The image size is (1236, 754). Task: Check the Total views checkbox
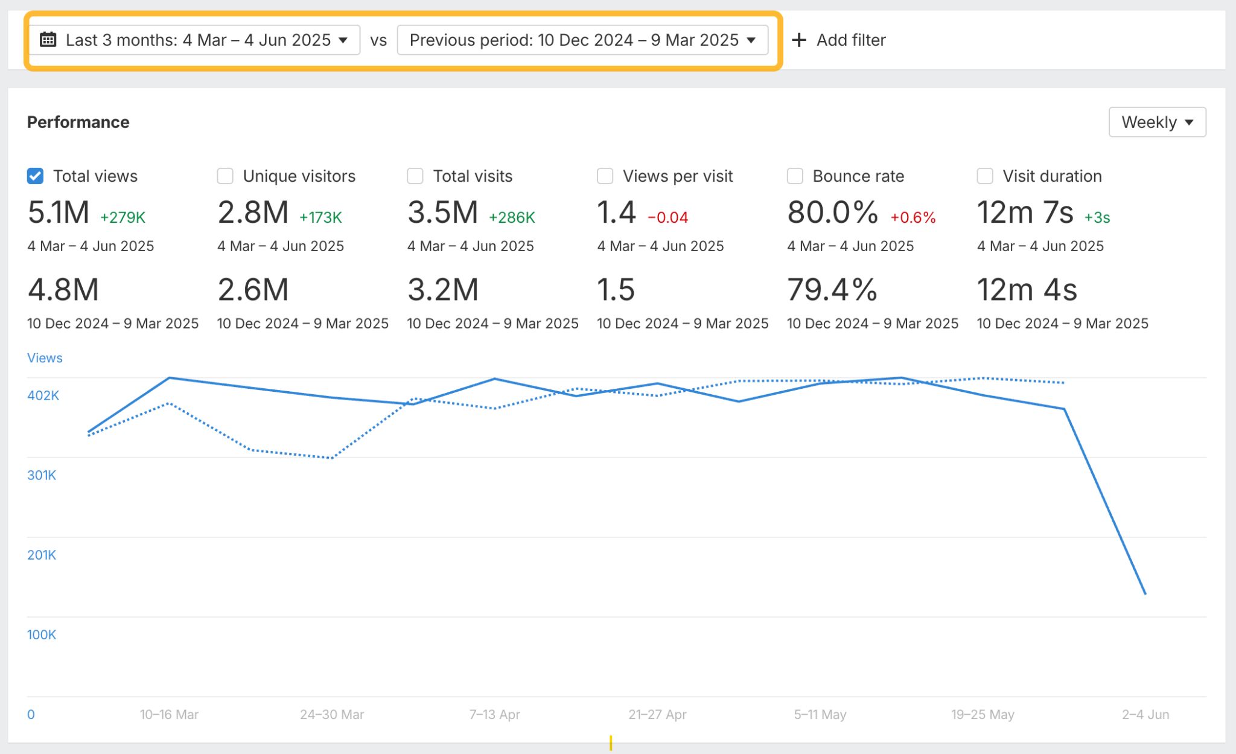(36, 176)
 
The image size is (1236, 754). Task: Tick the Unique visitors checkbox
(225, 176)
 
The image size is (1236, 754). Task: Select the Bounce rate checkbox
(795, 176)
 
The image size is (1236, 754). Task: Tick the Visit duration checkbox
(985, 176)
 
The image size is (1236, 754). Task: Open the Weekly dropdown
(1157, 122)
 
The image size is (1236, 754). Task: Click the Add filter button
(839, 40)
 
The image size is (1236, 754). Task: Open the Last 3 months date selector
(194, 40)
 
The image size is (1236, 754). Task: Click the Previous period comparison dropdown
(582, 40)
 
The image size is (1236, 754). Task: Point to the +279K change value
(123, 217)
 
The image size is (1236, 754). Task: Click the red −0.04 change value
(667, 217)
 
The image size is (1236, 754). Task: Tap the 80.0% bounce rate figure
(832, 212)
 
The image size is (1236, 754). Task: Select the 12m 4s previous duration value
(1027, 290)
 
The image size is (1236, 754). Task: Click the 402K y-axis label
(43, 395)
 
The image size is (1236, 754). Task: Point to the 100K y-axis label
(42, 634)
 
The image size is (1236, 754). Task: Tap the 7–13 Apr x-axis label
(494, 715)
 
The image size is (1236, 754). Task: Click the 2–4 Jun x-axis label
(1145, 715)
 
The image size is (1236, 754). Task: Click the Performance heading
(78, 122)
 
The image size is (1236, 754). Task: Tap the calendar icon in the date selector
(48, 40)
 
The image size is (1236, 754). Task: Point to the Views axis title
(45, 358)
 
